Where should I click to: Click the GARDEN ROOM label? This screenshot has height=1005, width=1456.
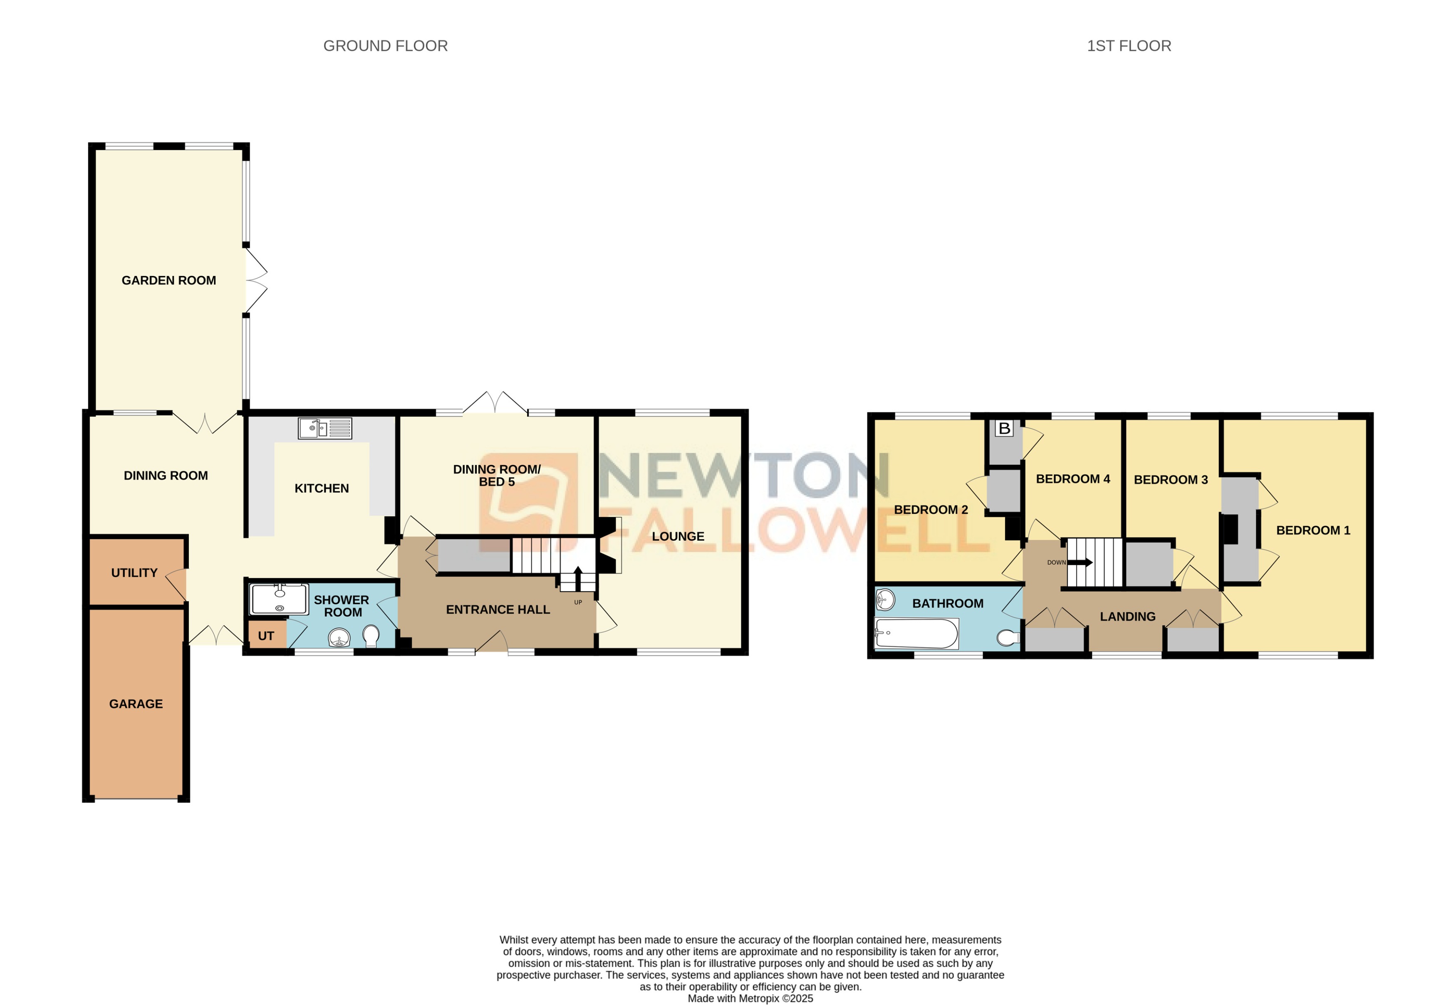[x=168, y=280]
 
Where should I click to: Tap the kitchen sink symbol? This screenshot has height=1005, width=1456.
[x=324, y=428]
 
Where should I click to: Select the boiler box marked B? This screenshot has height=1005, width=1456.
[x=1004, y=429]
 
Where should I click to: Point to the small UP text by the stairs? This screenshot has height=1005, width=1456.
[x=578, y=602]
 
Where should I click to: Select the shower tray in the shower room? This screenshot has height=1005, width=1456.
[x=279, y=599]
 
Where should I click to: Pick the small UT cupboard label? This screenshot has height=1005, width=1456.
[x=265, y=636]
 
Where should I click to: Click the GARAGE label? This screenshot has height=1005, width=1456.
[x=136, y=704]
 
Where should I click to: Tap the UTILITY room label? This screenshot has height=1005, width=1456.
[x=134, y=573]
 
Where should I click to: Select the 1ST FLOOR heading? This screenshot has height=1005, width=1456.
[x=1129, y=46]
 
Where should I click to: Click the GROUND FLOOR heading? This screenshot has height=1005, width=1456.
[x=385, y=46]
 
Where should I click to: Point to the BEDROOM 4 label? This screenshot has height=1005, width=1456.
[x=1073, y=479]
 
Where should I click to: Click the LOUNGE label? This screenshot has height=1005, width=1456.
[x=678, y=537]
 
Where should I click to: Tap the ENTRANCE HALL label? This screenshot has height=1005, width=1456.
[x=498, y=609]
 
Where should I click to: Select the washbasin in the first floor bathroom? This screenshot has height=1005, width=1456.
[x=885, y=600]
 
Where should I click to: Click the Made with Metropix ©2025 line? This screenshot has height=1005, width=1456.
[x=750, y=998]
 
